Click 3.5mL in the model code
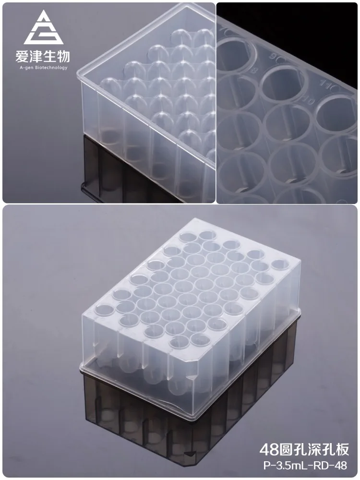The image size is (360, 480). point(288,465)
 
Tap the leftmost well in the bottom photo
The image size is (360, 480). point(103,310)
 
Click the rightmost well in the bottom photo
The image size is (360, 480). point(279,264)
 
